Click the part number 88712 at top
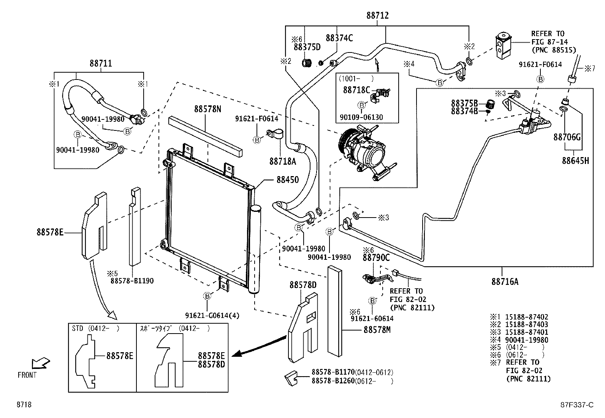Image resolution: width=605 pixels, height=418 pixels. [377, 16]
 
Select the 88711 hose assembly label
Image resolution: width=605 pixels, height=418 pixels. [101, 63]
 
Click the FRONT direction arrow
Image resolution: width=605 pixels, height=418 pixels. [41, 363]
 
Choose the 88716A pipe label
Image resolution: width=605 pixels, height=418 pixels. [505, 281]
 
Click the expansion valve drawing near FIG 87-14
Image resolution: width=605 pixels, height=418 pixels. [504, 45]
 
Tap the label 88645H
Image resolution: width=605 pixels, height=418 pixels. [575, 161]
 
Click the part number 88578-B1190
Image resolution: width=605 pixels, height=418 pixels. [132, 281]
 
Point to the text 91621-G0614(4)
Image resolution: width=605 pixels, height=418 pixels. [212, 315]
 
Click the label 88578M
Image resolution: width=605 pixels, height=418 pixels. [377, 330]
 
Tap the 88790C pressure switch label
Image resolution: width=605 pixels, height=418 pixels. [376, 257]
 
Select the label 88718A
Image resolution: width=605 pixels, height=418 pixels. [282, 161]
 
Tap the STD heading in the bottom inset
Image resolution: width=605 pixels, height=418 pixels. [78, 328]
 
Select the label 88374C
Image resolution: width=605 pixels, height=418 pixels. [339, 38]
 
